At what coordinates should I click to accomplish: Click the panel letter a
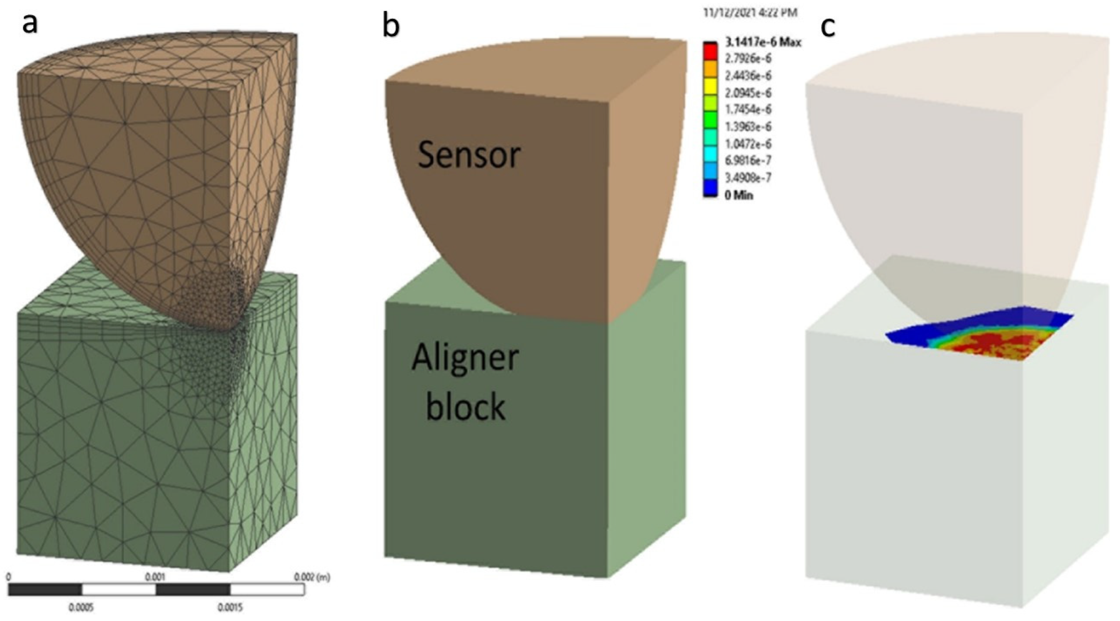tap(29, 25)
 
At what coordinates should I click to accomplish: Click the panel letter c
tap(827, 27)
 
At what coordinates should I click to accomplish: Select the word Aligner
tap(465, 358)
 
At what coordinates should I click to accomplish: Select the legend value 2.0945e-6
tap(748, 93)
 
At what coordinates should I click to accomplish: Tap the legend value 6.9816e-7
tap(748, 161)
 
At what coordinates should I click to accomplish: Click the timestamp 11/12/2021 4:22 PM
tap(750, 12)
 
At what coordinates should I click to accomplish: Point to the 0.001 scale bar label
tap(155, 577)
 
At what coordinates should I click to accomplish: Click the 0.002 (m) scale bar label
tap(312, 577)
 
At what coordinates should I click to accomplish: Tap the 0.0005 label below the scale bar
tap(81, 607)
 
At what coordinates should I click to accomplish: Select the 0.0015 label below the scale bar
tap(229, 607)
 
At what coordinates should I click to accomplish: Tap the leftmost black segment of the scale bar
tap(45, 590)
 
